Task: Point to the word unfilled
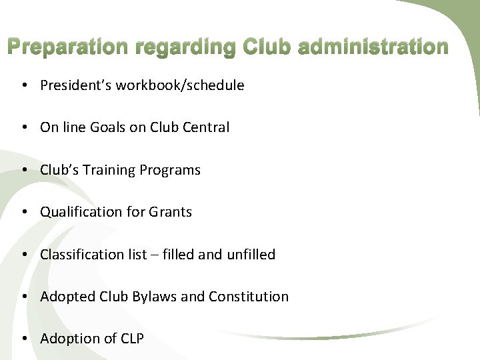click(250, 255)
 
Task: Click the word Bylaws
click(155, 297)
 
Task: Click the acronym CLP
click(132, 339)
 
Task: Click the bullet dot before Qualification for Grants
click(23, 213)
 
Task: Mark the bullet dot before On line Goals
click(23, 128)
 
